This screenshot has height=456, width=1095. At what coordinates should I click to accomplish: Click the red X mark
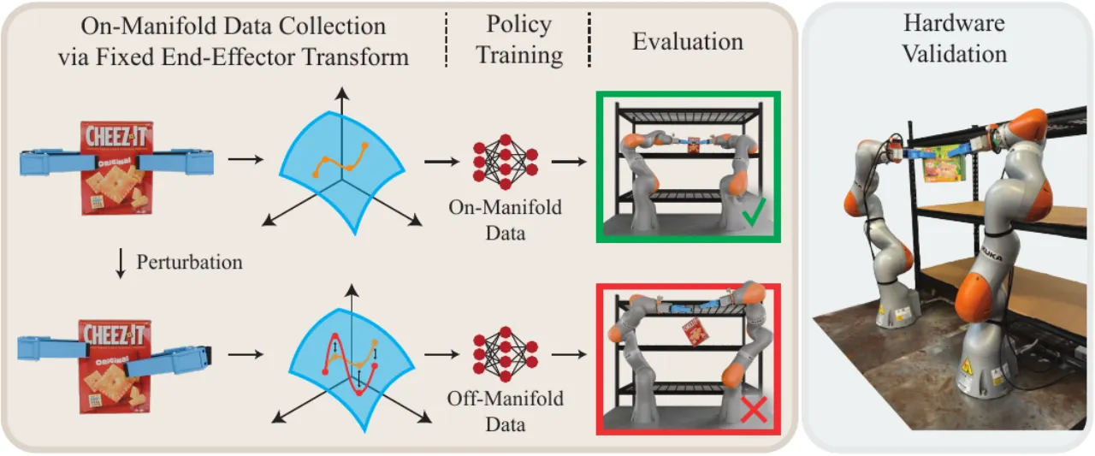(x=754, y=410)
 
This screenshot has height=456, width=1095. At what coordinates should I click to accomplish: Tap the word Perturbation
(x=189, y=263)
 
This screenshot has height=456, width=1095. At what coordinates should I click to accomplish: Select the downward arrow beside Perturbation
(x=121, y=264)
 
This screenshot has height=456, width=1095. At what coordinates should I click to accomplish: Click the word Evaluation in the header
(x=688, y=42)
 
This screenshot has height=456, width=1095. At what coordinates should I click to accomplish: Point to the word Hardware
(x=954, y=23)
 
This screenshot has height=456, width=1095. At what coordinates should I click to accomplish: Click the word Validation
(x=954, y=54)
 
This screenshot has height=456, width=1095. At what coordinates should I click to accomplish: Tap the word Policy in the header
(x=518, y=25)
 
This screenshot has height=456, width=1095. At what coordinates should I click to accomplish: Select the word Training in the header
(x=519, y=55)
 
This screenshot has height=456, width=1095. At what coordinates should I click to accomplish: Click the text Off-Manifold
(x=505, y=399)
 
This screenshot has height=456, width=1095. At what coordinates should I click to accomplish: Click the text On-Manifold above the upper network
(x=505, y=207)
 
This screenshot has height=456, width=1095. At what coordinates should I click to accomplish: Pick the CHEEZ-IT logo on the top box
(x=116, y=136)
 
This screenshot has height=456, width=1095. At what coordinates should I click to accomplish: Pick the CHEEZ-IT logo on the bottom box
(x=115, y=335)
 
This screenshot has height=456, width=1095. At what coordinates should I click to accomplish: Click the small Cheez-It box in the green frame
(x=694, y=145)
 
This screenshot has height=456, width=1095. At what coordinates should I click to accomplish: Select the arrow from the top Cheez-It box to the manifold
(x=246, y=159)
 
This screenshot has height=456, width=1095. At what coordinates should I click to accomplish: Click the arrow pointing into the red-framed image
(x=569, y=354)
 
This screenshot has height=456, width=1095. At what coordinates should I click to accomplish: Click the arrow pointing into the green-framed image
(x=569, y=162)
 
